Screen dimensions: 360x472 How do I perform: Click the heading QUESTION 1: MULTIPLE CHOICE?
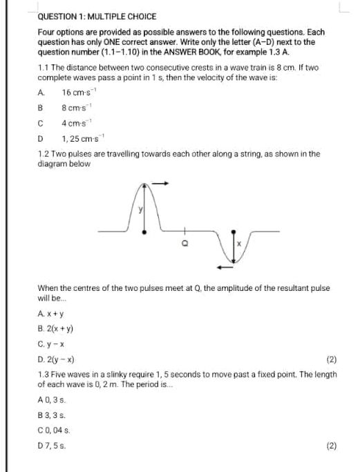pyautogui.click(x=97, y=16)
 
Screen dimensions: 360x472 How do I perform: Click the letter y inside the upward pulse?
pyautogui.click(x=139, y=209)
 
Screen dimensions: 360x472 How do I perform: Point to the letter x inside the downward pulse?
pyautogui.click(x=240, y=243)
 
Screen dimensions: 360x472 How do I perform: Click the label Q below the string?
pyautogui.click(x=184, y=243)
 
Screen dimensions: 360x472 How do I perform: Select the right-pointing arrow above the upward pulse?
pyautogui.click(x=160, y=183)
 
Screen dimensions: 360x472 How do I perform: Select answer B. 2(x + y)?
pyautogui.click(x=59, y=328)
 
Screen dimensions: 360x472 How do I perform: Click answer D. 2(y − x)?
pyautogui.click(x=59, y=360)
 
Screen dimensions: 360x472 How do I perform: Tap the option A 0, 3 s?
pyautogui.click(x=52, y=399)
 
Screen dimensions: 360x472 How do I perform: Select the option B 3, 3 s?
pyautogui.click(x=52, y=415)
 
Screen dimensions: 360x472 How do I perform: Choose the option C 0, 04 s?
pyautogui.click(x=55, y=430)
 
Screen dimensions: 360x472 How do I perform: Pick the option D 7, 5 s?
pyautogui.click(x=52, y=446)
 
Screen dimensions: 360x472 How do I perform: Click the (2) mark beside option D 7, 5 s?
pyautogui.click(x=331, y=446)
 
